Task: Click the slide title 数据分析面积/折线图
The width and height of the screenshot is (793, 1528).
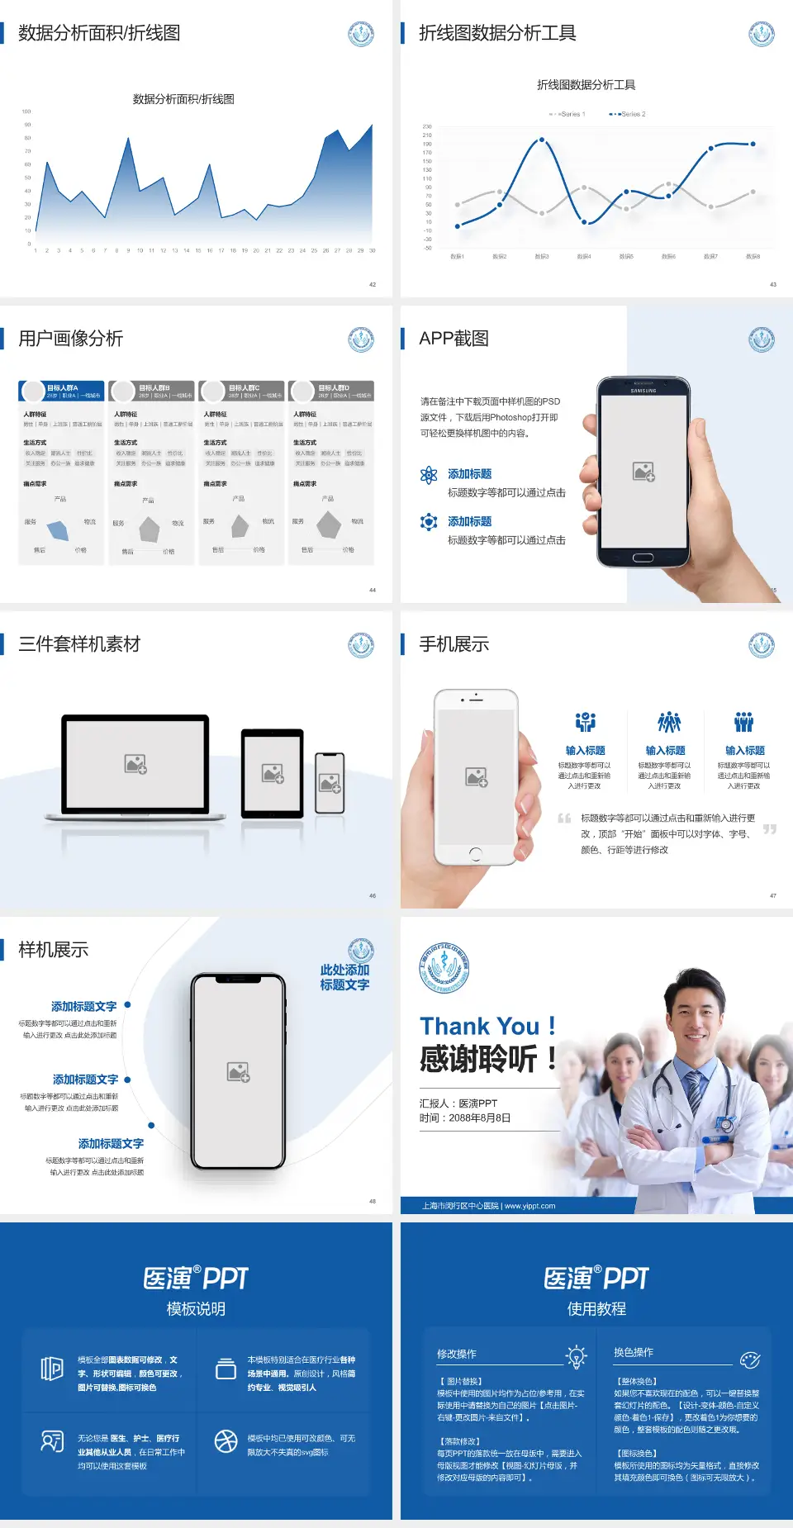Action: (x=99, y=33)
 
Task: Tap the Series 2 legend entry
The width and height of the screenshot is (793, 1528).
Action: (x=629, y=114)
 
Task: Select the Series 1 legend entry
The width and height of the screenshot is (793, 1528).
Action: (x=567, y=114)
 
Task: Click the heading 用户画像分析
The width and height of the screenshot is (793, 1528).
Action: (x=71, y=339)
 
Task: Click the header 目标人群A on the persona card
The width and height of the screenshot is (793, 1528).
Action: (x=63, y=387)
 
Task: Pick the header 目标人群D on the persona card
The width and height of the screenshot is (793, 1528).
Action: (x=334, y=387)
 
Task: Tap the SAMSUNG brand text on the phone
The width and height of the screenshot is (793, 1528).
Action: (x=643, y=391)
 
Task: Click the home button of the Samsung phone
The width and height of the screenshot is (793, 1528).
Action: (x=643, y=558)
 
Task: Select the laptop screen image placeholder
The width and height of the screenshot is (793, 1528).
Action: (x=135, y=764)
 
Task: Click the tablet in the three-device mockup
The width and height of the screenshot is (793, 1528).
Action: (x=273, y=773)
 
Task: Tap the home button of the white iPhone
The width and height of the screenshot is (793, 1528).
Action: (x=476, y=853)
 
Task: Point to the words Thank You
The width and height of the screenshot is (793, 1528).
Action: (x=479, y=1027)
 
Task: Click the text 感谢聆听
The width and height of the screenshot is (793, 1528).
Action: (x=479, y=1059)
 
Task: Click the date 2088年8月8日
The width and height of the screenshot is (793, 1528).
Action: (x=480, y=1118)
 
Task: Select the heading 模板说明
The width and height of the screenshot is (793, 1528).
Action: (x=196, y=1309)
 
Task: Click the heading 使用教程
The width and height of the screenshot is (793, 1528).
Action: (x=596, y=1309)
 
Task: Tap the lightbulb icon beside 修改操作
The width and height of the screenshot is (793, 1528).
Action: (x=576, y=1356)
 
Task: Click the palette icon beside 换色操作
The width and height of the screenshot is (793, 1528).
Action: (x=750, y=1360)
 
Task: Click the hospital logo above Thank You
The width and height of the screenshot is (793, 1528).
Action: (x=444, y=968)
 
